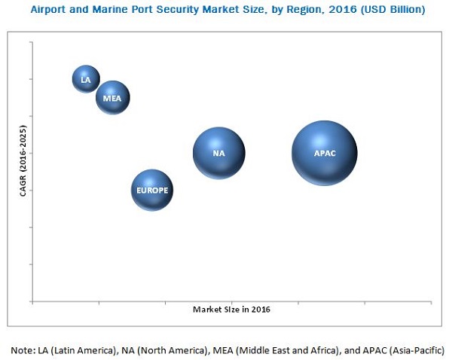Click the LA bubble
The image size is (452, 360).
pos(86,79)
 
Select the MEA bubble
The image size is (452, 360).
pos(113,98)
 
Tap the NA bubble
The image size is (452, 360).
pos(218,153)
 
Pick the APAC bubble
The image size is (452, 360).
pos(324,153)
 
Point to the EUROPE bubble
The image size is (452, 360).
pos(152,191)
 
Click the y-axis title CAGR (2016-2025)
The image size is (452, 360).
pos(23,163)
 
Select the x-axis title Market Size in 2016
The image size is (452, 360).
pos(231,310)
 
